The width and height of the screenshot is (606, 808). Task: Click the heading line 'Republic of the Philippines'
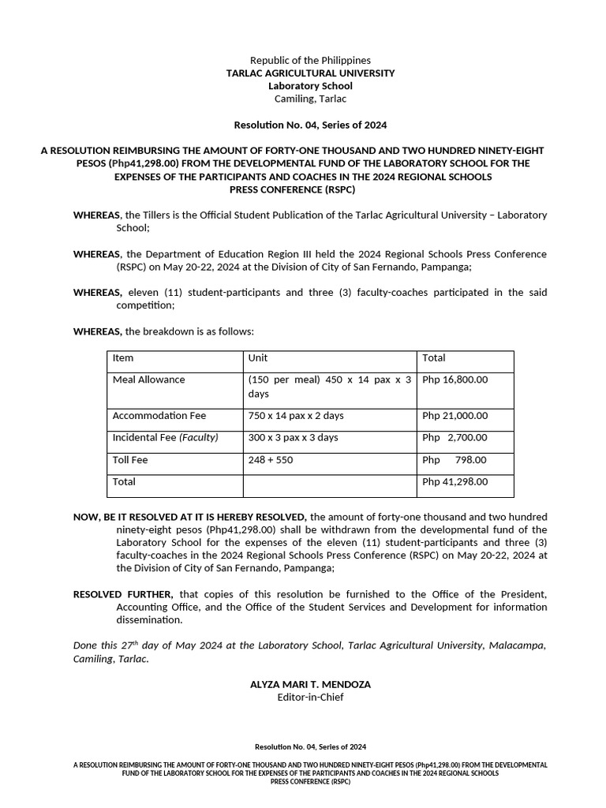click(310, 61)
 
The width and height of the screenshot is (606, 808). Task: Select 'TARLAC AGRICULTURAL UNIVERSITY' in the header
click(310, 73)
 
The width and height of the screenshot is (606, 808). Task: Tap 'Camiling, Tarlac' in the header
click(310, 99)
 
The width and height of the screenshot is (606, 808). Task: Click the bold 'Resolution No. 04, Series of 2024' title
click(310, 125)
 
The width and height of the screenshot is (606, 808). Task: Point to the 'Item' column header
click(124, 358)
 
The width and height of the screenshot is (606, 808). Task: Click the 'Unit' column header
click(258, 358)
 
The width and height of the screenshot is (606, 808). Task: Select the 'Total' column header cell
click(434, 358)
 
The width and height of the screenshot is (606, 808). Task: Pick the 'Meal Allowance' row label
click(149, 380)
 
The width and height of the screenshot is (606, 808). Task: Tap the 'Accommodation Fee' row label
click(159, 416)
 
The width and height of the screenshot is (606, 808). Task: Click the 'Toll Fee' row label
click(130, 460)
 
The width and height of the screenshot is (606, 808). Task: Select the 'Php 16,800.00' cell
click(455, 380)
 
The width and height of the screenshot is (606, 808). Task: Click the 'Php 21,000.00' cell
click(455, 416)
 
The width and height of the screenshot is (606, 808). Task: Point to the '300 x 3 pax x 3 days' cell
click(293, 438)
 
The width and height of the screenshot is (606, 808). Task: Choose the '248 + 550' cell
click(270, 460)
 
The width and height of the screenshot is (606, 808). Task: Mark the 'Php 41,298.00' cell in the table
click(455, 482)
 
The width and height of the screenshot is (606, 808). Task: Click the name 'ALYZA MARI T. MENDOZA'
click(310, 685)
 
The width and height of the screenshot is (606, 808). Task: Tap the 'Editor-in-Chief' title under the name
click(310, 698)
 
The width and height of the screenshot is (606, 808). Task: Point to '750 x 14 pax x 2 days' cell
click(296, 416)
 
